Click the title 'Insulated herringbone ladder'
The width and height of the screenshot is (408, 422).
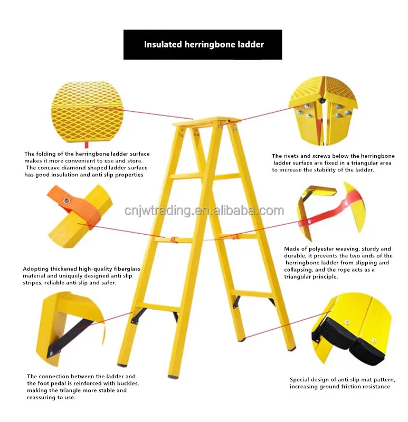[204, 44]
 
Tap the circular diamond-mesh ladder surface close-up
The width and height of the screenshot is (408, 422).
[87, 112]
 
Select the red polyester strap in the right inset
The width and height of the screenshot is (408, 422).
[327, 214]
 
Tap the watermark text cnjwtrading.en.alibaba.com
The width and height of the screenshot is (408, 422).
[204, 211]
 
